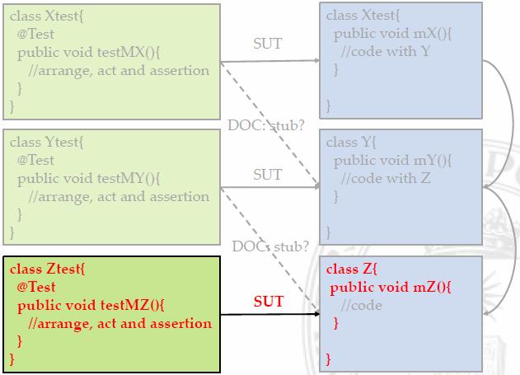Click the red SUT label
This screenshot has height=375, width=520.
[x=268, y=302]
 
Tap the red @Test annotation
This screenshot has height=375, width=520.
[x=36, y=288]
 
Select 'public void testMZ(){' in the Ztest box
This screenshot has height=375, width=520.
[x=91, y=306]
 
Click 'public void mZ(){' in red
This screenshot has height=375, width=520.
[x=391, y=287]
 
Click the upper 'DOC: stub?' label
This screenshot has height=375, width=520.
[x=265, y=126]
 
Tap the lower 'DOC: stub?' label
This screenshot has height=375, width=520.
[x=270, y=246]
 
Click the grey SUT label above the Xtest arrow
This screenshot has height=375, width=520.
[x=267, y=44]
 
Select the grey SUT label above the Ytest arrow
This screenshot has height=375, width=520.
[x=267, y=174]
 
